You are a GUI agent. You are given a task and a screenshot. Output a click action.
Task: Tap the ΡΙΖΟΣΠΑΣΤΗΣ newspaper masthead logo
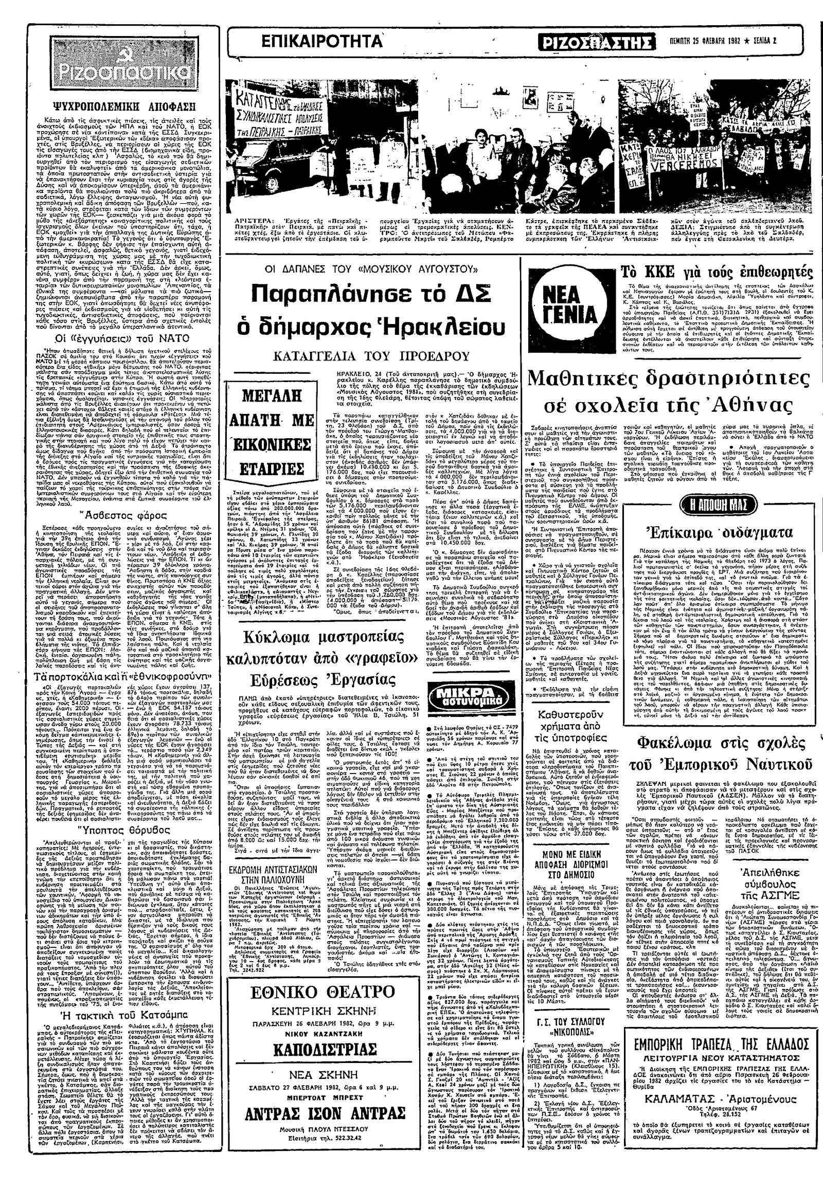click(x=597, y=42)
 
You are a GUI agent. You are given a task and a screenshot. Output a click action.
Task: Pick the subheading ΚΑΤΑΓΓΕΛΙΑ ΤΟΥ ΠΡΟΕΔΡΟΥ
click(x=368, y=356)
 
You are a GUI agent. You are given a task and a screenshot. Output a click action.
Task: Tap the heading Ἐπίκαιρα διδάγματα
click(x=719, y=532)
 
